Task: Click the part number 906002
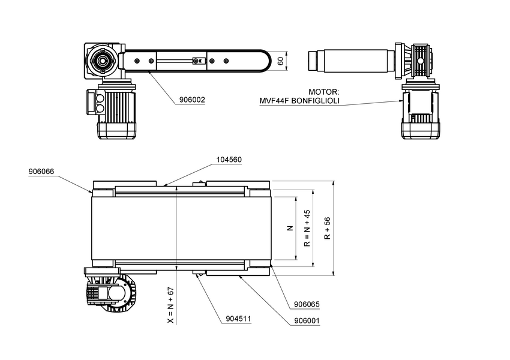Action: tap(192, 100)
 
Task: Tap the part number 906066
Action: tap(41, 172)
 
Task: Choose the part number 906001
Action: tap(307, 320)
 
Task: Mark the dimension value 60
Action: tap(280, 61)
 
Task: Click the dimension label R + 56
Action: tap(328, 229)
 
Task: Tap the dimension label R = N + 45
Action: tap(307, 229)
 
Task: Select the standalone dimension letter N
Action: tap(289, 229)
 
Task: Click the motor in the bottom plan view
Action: tap(110, 293)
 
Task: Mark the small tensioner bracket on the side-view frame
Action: tap(196, 61)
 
